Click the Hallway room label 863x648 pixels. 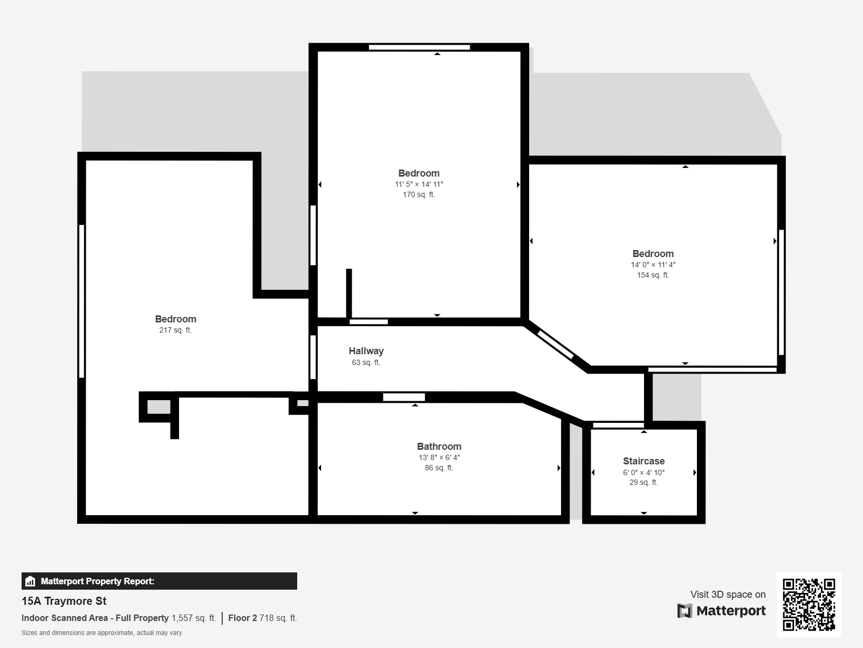pyautogui.click(x=366, y=351)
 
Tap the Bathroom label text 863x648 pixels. pyautogui.click(x=439, y=447)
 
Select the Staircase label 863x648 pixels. pyautogui.click(x=643, y=461)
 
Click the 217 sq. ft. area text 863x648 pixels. pyautogui.click(x=175, y=330)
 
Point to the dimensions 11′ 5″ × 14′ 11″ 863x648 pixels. pyautogui.click(x=419, y=184)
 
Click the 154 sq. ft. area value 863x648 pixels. pyautogui.click(x=653, y=275)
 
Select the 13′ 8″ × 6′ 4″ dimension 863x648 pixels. pyautogui.click(x=439, y=457)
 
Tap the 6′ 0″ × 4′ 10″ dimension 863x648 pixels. pyautogui.click(x=643, y=473)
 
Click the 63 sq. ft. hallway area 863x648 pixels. pyautogui.click(x=366, y=363)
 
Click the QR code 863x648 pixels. pyautogui.click(x=809, y=604)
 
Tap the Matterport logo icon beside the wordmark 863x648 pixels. pyautogui.click(x=684, y=611)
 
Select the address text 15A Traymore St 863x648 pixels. pyautogui.click(x=64, y=601)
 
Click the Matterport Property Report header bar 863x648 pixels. pyautogui.click(x=159, y=581)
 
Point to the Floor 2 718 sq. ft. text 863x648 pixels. pyautogui.click(x=262, y=618)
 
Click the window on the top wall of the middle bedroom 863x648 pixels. pyautogui.click(x=419, y=48)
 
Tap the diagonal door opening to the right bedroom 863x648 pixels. pyautogui.click(x=555, y=345)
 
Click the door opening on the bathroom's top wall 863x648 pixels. pyautogui.click(x=403, y=397)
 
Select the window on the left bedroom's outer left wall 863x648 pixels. pyautogui.click(x=82, y=301)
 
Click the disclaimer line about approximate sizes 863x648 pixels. pyautogui.click(x=101, y=633)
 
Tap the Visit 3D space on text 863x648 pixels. pyautogui.click(x=728, y=595)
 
